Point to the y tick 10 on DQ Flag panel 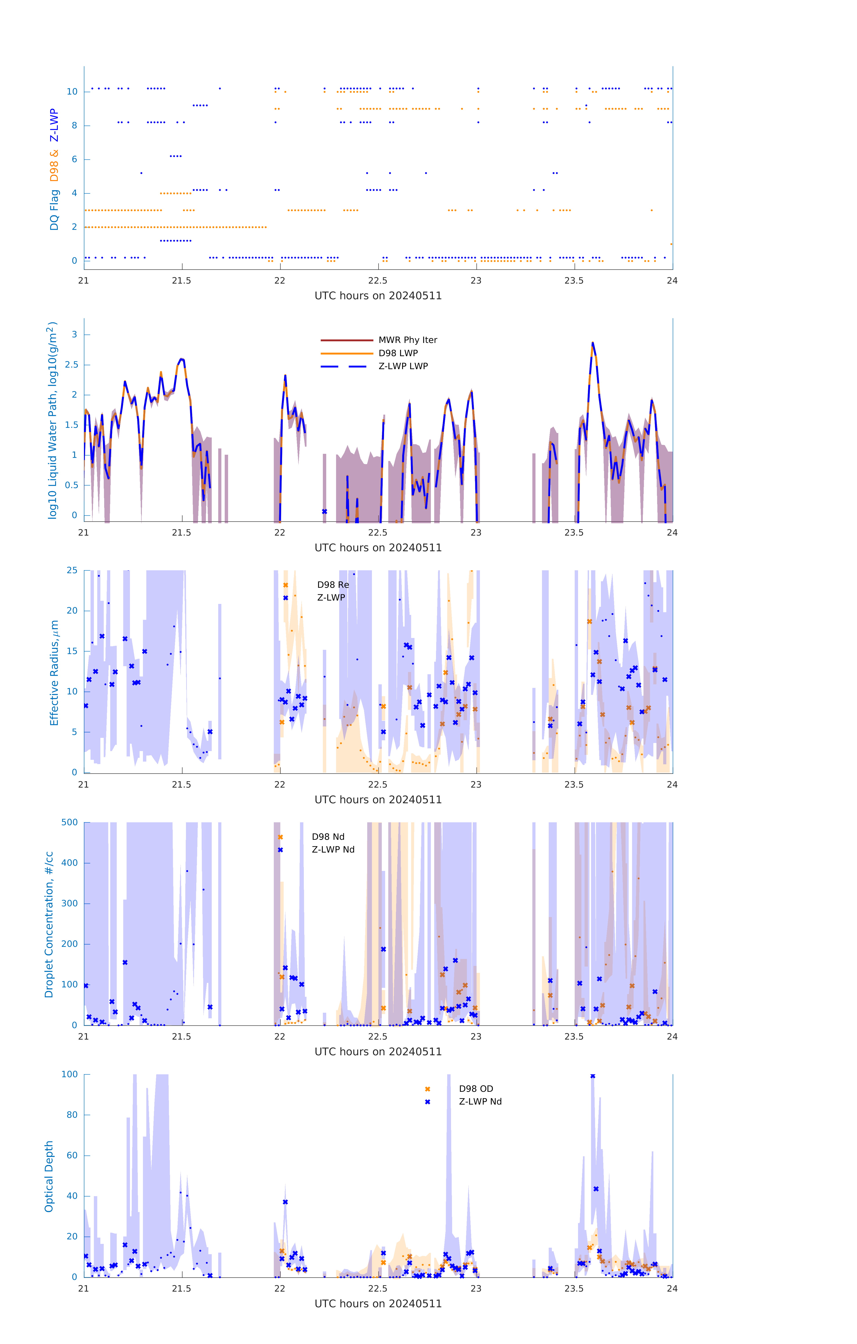coord(72,92)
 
